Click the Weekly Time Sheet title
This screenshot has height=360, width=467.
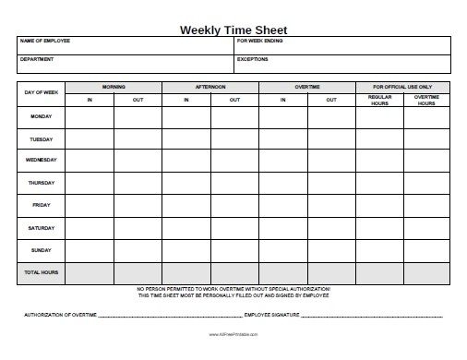(x=233, y=29)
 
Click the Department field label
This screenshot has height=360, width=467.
(x=37, y=59)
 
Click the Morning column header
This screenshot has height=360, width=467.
(x=114, y=87)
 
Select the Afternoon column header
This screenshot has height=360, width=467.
(x=210, y=87)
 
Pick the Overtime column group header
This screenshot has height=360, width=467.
(x=306, y=87)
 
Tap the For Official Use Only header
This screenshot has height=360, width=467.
(x=402, y=87)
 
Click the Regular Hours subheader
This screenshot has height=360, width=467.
(x=379, y=100)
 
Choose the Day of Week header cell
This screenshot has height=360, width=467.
(x=41, y=93)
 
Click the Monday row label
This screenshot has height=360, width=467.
(x=41, y=117)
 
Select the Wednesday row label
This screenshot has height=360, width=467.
(x=41, y=161)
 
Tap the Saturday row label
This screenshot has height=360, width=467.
(x=41, y=226)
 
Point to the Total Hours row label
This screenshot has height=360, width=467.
(x=41, y=273)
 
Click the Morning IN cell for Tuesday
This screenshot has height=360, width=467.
(x=90, y=139)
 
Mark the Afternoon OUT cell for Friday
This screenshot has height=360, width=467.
(x=234, y=204)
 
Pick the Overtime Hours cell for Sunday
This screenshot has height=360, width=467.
(x=426, y=248)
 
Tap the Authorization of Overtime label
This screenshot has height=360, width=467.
(x=59, y=316)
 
